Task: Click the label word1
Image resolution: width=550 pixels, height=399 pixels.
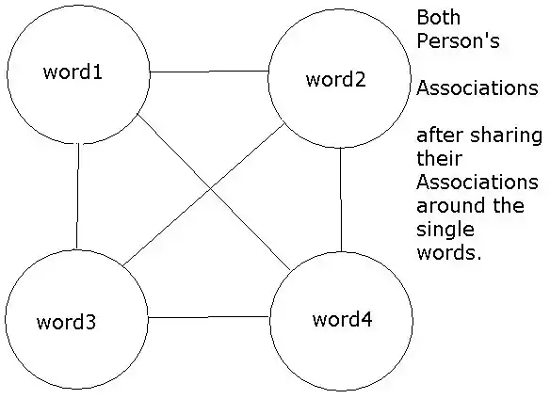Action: [73, 72]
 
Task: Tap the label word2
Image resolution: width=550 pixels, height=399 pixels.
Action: [335, 79]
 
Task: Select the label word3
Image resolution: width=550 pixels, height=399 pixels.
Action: [66, 322]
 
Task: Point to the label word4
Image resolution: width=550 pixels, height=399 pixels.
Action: [343, 319]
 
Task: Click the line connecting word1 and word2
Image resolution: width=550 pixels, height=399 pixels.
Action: [209, 72]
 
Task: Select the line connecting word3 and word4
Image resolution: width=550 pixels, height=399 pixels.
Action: [208, 317]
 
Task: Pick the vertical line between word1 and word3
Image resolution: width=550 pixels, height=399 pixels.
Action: [77, 197]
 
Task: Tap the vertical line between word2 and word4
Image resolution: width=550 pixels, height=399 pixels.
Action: [341, 199]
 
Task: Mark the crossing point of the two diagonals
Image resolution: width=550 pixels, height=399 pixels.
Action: [210, 189]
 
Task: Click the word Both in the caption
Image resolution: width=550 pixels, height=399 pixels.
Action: [439, 17]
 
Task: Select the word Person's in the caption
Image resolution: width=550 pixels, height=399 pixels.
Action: [458, 40]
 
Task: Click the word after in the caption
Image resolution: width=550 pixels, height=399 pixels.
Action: [440, 136]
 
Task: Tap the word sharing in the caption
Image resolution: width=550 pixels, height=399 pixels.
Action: [506, 136]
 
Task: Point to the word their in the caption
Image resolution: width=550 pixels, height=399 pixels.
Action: [440, 158]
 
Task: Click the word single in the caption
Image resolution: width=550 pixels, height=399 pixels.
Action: [445, 231]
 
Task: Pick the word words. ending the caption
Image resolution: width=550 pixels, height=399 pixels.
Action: [449, 252]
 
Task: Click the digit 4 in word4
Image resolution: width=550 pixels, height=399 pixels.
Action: [366, 319]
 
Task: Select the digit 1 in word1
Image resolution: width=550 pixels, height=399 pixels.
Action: [97, 72]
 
